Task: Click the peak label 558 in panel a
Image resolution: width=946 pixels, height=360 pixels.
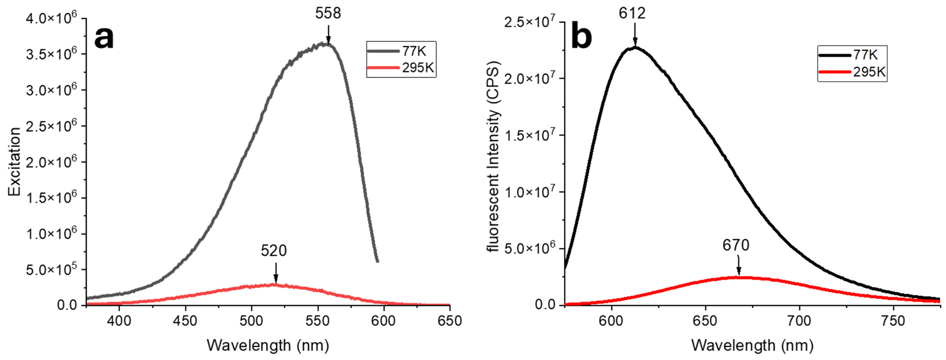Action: click(328, 14)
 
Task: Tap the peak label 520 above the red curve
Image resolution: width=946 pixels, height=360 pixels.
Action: click(274, 251)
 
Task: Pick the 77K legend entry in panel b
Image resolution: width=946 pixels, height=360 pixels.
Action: click(852, 55)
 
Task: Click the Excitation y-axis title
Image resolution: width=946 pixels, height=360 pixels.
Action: click(15, 162)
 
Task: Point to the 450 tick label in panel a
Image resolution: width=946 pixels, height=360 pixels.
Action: click(185, 321)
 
